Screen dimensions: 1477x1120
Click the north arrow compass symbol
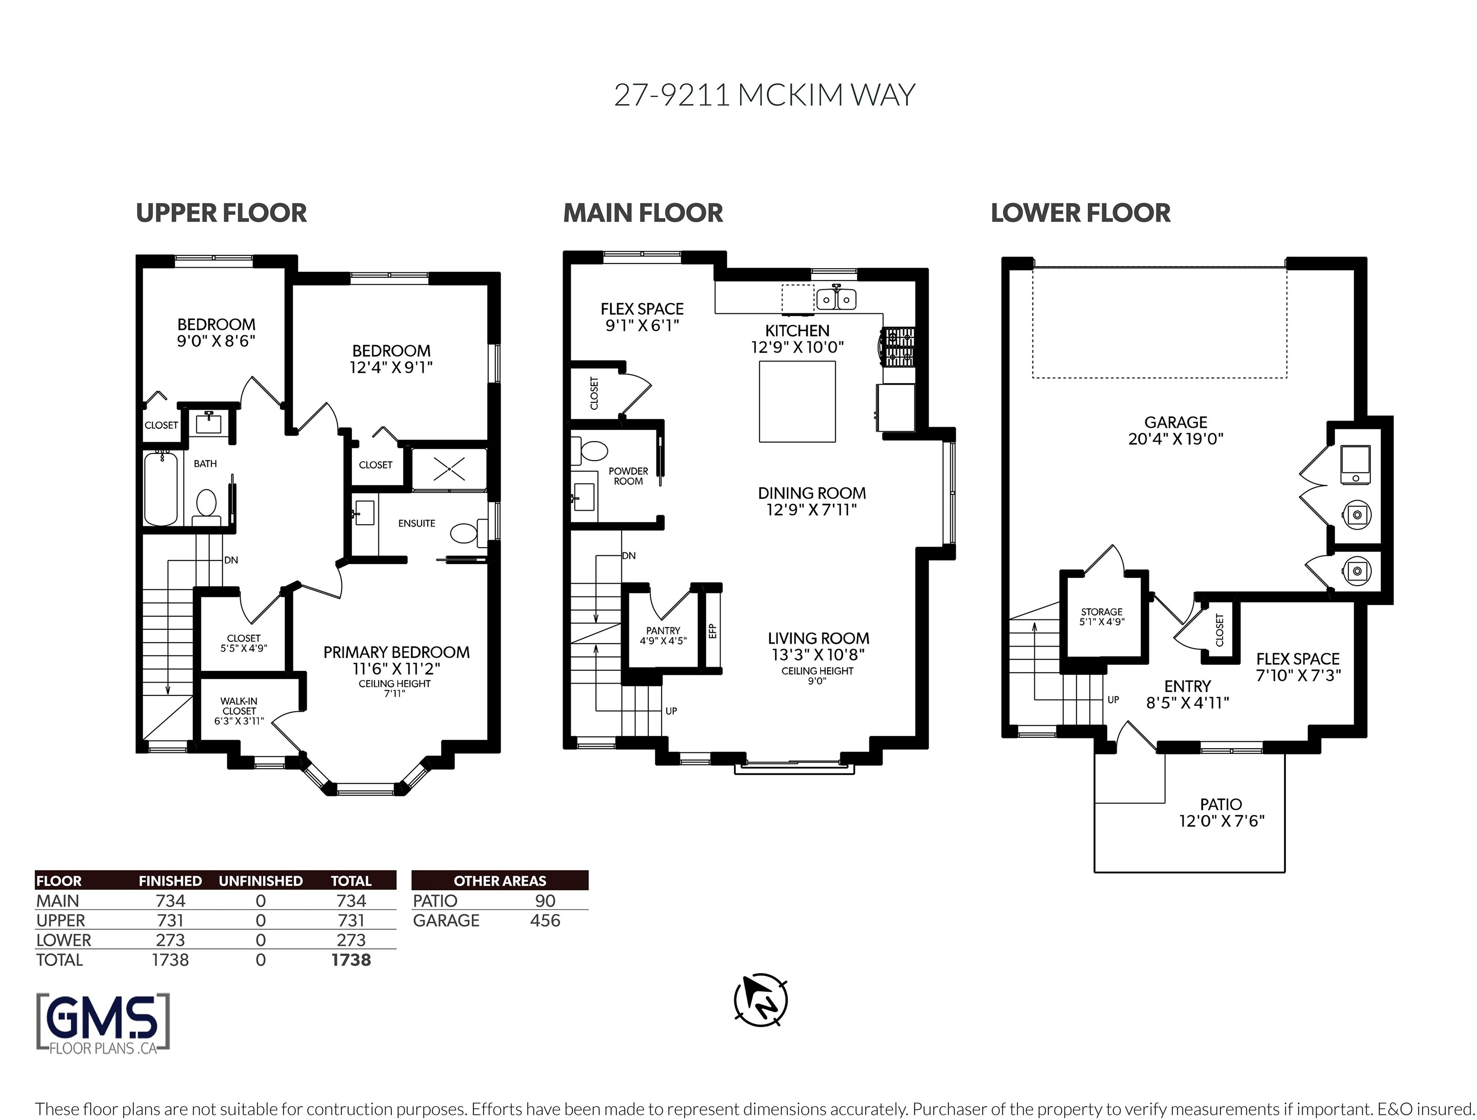(761, 1000)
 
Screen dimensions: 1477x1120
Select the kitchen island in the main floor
(797, 402)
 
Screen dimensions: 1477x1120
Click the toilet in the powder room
(590, 450)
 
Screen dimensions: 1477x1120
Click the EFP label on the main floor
(712, 630)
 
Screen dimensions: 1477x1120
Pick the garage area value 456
(545, 921)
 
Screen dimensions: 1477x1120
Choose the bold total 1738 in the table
(351, 959)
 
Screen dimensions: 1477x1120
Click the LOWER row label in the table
(64, 941)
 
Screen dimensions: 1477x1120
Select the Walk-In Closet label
(239, 711)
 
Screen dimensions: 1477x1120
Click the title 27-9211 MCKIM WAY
(765, 95)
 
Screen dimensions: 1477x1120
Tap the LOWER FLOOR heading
(1081, 213)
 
